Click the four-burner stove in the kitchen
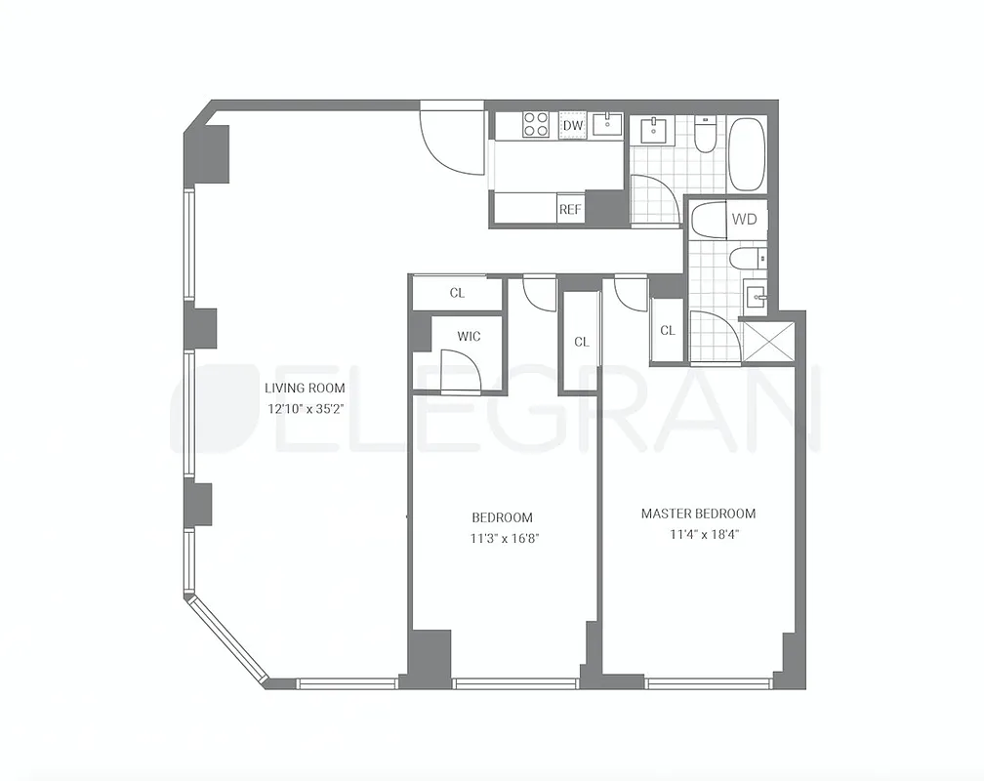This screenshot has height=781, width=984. click(x=536, y=124)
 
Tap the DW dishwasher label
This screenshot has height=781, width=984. click(x=573, y=125)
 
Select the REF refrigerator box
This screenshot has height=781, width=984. click(x=569, y=209)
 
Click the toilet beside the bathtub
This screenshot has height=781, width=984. click(x=705, y=134)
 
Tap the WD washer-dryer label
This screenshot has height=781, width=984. click(x=745, y=220)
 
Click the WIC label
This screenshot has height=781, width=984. click(x=469, y=337)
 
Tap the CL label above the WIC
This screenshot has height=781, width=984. click(x=457, y=293)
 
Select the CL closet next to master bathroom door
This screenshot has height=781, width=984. click(x=667, y=331)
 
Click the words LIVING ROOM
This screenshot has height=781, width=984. click(x=305, y=388)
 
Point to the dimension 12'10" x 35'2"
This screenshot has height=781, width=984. click(x=305, y=409)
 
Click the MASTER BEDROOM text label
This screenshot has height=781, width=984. click(x=698, y=514)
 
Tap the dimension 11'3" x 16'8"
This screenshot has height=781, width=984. click(x=503, y=538)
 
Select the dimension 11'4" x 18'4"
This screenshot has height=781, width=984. click(x=698, y=534)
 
